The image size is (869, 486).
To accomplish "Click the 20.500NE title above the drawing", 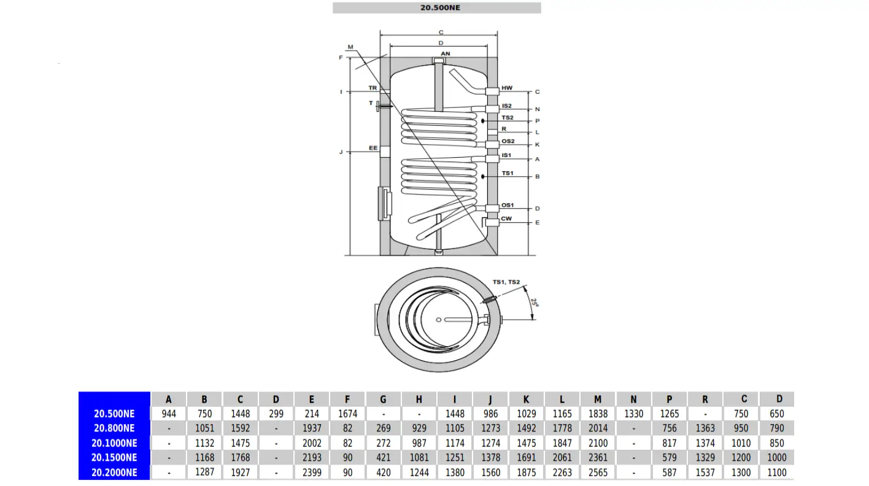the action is [x=440, y=8].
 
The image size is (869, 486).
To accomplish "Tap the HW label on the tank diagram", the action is [x=507, y=88].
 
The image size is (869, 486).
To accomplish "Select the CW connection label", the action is [x=506, y=218].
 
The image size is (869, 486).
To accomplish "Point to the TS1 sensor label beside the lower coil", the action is [x=508, y=174].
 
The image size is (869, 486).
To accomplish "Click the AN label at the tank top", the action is [x=446, y=54].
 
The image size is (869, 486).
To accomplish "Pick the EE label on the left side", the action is [x=373, y=148].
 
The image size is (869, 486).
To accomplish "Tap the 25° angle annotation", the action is [x=534, y=303].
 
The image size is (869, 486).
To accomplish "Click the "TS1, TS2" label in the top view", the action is [x=506, y=282].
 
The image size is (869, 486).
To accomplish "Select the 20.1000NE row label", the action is [x=114, y=443].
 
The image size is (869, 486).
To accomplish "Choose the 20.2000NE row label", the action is [x=114, y=472].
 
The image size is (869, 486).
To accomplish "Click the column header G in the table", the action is [x=384, y=399].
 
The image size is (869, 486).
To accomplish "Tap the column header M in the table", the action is [x=598, y=399].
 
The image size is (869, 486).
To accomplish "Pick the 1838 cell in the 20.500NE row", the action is [x=598, y=414].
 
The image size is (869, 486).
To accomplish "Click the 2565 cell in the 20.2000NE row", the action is [x=598, y=472].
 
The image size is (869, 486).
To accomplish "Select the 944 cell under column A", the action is [x=169, y=414].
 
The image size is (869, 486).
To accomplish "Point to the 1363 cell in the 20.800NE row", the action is [x=705, y=428].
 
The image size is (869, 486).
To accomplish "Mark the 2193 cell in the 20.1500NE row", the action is [x=312, y=458].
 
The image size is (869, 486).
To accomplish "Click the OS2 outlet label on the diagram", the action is [x=508, y=141].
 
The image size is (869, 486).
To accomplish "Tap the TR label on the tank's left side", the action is [x=373, y=88].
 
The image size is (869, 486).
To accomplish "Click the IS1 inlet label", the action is [x=506, y=155].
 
